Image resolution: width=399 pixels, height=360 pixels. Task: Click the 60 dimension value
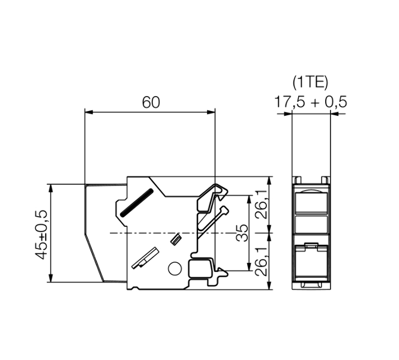click(151, 102)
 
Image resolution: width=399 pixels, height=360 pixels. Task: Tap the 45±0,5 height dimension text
click(41, 235)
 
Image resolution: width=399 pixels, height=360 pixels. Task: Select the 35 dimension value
click(241, 233)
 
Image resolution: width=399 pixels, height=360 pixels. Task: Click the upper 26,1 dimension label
click(261, 204)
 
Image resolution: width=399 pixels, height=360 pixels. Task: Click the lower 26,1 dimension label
click(261, 262)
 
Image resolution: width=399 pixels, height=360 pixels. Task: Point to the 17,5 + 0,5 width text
click(310, 102)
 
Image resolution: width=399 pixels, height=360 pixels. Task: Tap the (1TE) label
click(310, 82)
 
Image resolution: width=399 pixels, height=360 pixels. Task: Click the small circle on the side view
click(175, 268)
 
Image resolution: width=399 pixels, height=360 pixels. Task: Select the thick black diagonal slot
click(137, 203)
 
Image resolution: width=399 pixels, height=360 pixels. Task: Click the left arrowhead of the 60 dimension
click(88, 112)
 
